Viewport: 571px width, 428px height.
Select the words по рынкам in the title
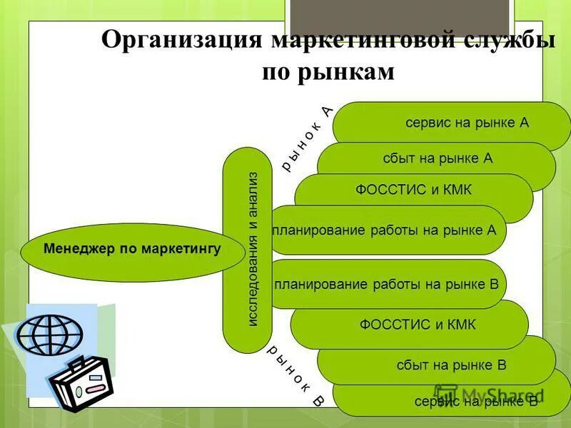(328, 72)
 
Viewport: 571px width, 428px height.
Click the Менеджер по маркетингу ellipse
(132, 250)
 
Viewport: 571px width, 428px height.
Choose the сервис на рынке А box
(467, 122)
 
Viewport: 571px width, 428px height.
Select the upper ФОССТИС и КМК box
(414, 190)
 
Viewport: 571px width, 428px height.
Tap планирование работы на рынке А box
(385, 230)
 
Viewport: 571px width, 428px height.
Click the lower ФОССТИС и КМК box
(418, 325)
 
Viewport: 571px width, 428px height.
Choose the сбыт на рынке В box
(451, 365)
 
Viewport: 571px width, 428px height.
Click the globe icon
(50, 334)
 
